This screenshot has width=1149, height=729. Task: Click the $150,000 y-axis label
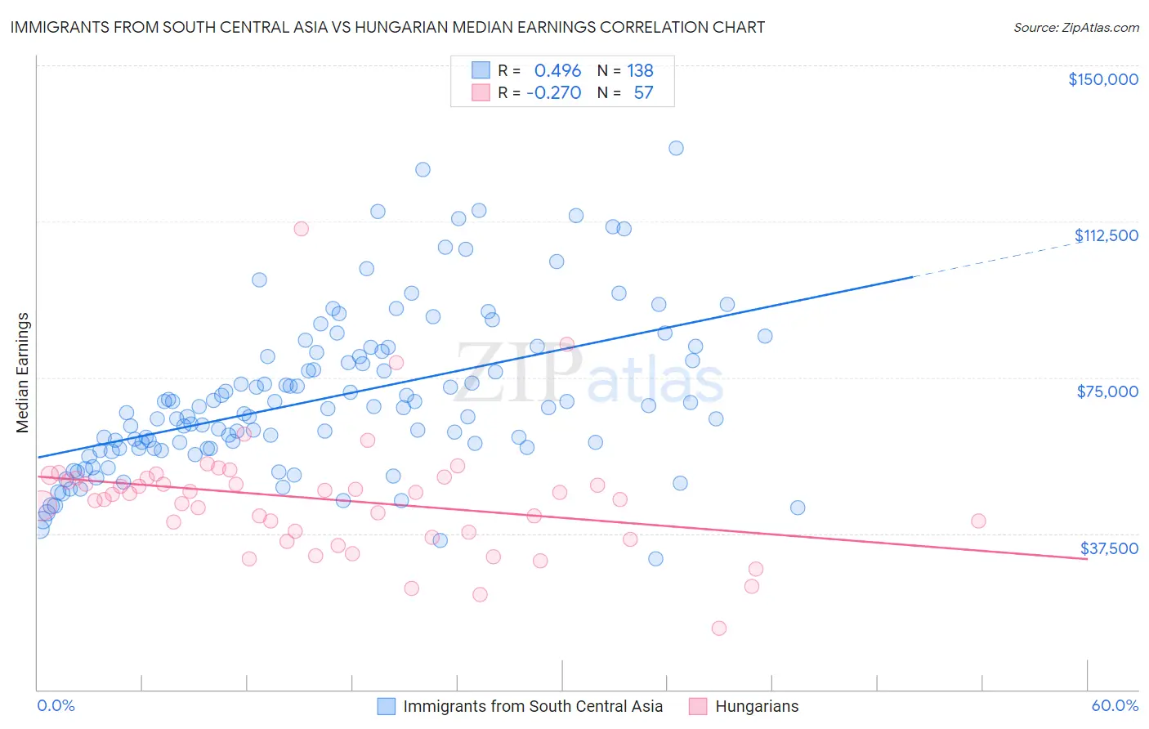(1102, 79)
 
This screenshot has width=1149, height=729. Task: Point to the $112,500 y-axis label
(1106, 235)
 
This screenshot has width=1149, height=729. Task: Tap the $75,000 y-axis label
(1107, 391)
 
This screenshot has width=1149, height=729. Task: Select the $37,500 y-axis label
(1109, 548)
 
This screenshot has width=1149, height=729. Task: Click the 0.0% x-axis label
(56, 706)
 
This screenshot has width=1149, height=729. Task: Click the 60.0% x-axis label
(1115, 706)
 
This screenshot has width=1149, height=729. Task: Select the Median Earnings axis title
(23, 373)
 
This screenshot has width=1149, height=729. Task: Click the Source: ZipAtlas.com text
(1075, 28)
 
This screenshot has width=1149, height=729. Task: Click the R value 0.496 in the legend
(557, 71)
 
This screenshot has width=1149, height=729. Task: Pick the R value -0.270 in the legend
(554, 93)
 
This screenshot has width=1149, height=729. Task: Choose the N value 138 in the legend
(640, 71)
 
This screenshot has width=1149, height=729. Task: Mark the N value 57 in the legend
(643, 93)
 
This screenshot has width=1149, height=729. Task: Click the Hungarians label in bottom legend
(757, 706)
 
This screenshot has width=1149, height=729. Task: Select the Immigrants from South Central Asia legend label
(533, 706)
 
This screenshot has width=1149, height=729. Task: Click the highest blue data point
(676, 148)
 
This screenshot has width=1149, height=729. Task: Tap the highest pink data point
(301, 229)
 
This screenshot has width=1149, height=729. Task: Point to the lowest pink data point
(719, 628)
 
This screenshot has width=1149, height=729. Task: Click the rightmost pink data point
(978, 521)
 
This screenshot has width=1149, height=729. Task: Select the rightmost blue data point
(798, 508)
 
